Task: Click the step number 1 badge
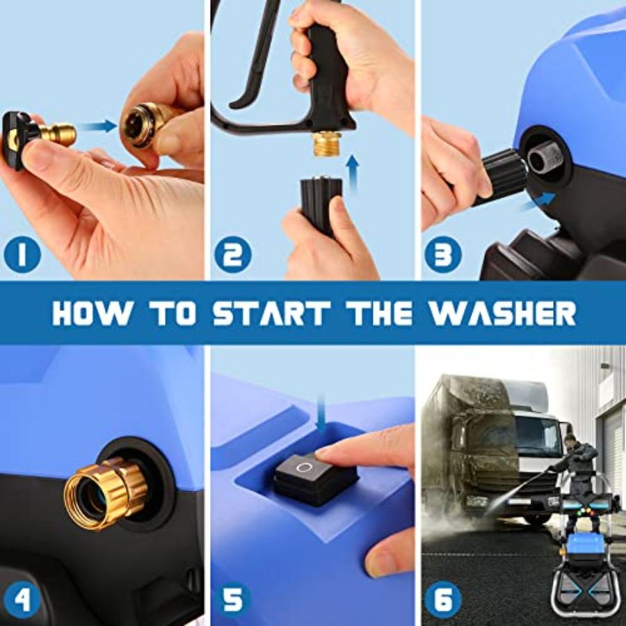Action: [22, 255]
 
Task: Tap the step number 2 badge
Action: [232, 255]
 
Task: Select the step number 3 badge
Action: [442, 255]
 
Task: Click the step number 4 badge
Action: [22, 599]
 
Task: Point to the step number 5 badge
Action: [232, 599]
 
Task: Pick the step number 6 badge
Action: [442, 599]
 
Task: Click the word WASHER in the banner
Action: [502, 314]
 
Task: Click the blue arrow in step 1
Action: [97, 126]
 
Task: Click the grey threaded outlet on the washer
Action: [545, 157]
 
